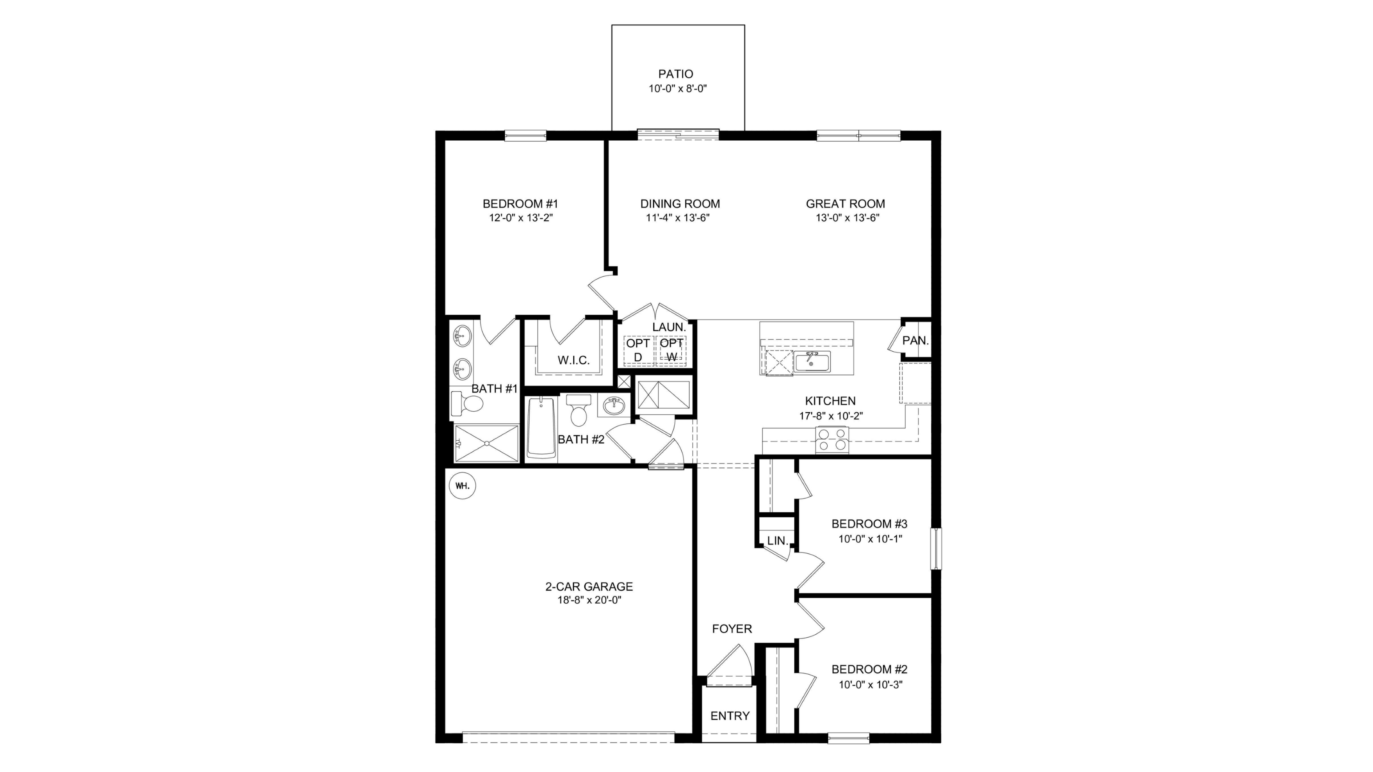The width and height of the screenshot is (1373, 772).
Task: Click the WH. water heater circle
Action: [462, 486]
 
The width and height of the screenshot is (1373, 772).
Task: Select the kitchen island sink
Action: [812, 361]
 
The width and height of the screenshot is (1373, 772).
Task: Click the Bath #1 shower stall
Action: [486, 443]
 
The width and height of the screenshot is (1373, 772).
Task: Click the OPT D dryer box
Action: [638, 350]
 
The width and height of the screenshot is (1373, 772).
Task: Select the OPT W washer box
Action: [672, 350]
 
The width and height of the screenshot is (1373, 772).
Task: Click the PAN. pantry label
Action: [916, 340]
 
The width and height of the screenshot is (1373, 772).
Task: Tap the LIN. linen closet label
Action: [778, 540]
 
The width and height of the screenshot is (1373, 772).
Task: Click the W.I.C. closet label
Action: [574, 360]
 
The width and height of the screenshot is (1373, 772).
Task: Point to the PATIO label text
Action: [676, 74]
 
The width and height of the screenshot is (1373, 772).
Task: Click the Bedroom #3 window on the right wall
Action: [936, 549]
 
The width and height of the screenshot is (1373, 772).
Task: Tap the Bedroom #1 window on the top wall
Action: [526, 135]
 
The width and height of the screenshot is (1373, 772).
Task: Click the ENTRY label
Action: [730, 715]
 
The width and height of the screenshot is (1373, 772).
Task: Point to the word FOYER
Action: [732, 629]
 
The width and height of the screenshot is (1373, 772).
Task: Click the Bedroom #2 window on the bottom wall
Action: [849, 738]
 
